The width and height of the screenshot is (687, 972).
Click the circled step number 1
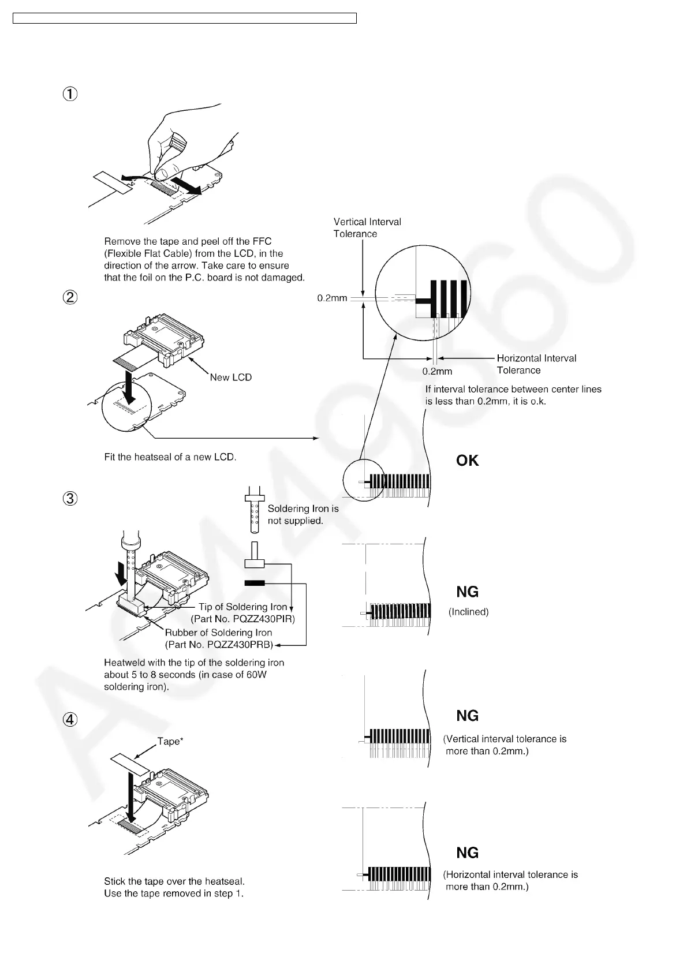(x=69, y=94)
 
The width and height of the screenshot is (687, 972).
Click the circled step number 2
(x=69, y=297)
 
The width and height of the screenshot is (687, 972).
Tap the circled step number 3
(x=69, y=498)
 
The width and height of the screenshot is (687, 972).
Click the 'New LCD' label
(x=231, y=377)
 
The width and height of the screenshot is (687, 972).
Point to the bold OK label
(x=467, y=461)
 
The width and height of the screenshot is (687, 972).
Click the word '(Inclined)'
(x=469, y=612)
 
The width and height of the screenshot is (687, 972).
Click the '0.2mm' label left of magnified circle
(x=332, y=298)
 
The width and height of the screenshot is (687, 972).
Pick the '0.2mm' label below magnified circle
(x=437, y=371)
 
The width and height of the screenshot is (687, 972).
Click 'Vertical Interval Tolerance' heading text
(x=367, y=227)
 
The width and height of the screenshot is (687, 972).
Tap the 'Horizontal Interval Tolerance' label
(x=536, y=364)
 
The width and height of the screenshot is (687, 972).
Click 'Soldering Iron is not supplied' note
(x=303, y=514)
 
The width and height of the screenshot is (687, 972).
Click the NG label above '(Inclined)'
(x=467, y=592)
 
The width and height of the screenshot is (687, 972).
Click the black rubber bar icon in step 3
(x=255, y=584)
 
